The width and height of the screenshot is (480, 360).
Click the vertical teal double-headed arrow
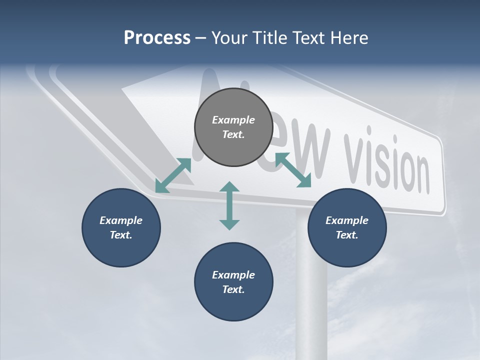pos(229,205)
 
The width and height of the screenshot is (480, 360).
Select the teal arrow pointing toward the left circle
pos(173,175)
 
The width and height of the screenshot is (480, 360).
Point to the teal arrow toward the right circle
pos(293,170)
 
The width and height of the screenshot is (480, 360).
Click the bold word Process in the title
pos(157,37)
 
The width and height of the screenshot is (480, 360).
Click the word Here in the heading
pos(349,37)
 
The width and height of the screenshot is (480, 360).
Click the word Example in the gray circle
pos(233,120)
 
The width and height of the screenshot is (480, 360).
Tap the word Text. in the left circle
pos(121,235)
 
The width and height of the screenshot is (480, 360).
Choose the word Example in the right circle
pos(347,220)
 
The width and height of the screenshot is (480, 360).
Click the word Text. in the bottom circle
pos(233,289)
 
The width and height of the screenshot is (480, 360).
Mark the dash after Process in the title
pos(201,38)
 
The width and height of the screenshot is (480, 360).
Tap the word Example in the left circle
pos(121,220)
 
